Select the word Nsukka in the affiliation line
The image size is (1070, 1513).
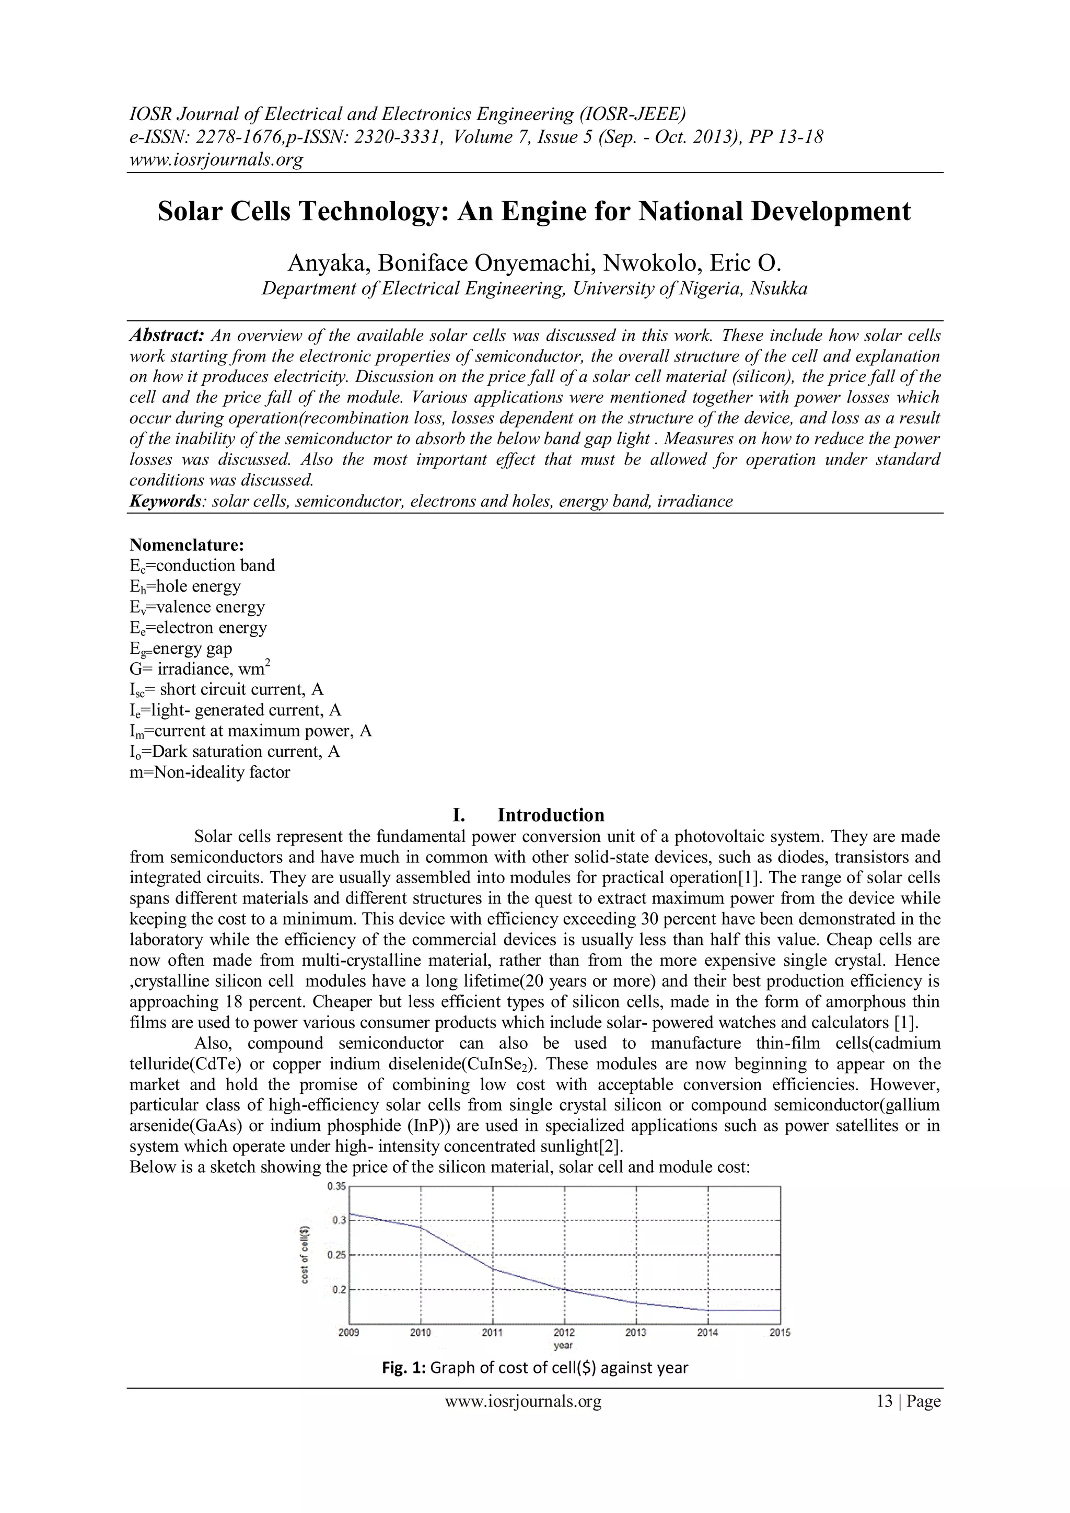[x=778, y=288]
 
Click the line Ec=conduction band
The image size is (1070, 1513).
[x=202, y=566]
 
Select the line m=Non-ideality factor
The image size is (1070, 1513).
[x=210, y=772]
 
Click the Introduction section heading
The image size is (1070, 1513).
[x=551, y=815]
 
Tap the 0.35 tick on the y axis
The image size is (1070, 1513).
[x=336, y=1187]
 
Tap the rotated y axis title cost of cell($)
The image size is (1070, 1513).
[x=305, y=1255]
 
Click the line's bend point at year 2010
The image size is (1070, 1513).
[x=421, y=1227]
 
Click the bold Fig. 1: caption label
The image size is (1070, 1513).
[x=404, y=1368]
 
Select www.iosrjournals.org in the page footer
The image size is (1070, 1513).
[x=523, y=1402]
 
